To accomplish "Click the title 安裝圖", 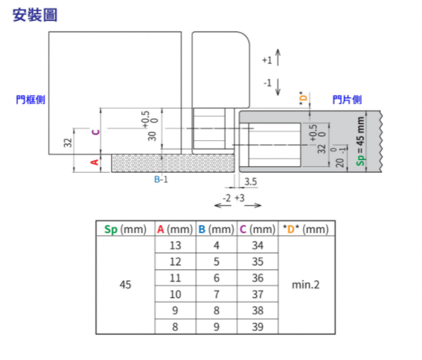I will [35, 14].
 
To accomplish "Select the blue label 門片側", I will [348, 100].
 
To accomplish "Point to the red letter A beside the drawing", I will [95, 163].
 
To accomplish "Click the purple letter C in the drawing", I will [95, 131].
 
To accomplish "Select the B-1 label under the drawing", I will [161, 180].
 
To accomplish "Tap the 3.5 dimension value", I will [250, 182].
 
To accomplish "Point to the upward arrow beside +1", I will [279, 57].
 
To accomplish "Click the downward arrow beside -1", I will [279, 86].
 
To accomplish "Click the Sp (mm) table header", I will [124, 229].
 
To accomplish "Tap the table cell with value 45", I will [125, 285].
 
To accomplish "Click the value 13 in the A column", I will [175, 246].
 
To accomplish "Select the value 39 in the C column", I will [257, 326].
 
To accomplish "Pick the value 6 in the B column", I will [216, 278].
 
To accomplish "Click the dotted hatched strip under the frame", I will [172, 164].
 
